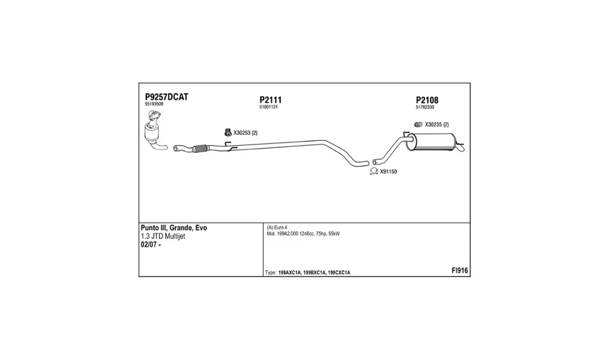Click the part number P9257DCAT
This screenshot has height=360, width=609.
tap(167, 97)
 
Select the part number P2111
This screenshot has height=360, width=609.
tap(270, 100)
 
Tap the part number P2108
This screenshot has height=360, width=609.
tap(427, 100)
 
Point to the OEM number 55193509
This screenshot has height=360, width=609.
tap(154, 104)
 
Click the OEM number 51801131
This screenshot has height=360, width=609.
tap(269, 107)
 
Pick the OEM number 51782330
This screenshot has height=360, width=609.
tap(425, 107)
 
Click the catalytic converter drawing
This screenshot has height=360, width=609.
tap(154, 130)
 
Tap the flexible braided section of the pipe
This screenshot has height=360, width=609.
tap(200, 148)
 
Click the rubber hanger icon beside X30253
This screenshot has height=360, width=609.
tap(228, 132)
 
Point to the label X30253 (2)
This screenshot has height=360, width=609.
tap(245, 133)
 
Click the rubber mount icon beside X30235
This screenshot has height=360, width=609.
tap(418, 125)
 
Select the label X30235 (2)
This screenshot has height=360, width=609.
tap(437, 125)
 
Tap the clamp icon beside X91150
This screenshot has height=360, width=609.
tap(374, 171)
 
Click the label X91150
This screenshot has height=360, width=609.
tap(389, 172)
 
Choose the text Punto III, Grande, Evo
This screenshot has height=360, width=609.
tap(174, 228)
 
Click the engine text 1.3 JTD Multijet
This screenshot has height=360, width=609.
tap(163, 236)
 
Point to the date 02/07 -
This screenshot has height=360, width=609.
tap(150, 245)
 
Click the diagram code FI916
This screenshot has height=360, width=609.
tap(459, 270)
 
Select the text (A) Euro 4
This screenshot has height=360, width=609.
tap(277, 228)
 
